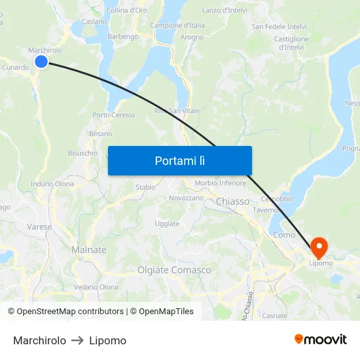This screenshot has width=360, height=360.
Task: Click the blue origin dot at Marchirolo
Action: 41,62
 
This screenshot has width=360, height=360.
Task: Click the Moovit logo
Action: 321,340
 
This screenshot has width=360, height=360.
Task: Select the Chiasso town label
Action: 232,202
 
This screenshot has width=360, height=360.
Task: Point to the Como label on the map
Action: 284,235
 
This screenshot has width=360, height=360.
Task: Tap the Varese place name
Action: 39,226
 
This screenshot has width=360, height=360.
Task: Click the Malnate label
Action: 88,250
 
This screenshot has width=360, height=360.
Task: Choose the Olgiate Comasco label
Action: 174,270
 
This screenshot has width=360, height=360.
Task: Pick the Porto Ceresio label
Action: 114,115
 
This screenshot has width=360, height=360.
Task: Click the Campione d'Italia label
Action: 177,26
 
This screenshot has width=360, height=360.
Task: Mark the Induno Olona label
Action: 52,184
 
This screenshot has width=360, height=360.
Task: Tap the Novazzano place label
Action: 186,198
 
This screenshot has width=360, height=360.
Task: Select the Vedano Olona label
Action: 96,287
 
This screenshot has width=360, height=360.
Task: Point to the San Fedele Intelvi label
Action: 279,26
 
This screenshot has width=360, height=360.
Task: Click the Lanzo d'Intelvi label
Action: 224,10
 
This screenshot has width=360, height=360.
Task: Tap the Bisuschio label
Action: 83,153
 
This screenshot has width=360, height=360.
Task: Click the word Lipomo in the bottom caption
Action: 107,340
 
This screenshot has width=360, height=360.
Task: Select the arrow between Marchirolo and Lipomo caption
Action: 77,340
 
